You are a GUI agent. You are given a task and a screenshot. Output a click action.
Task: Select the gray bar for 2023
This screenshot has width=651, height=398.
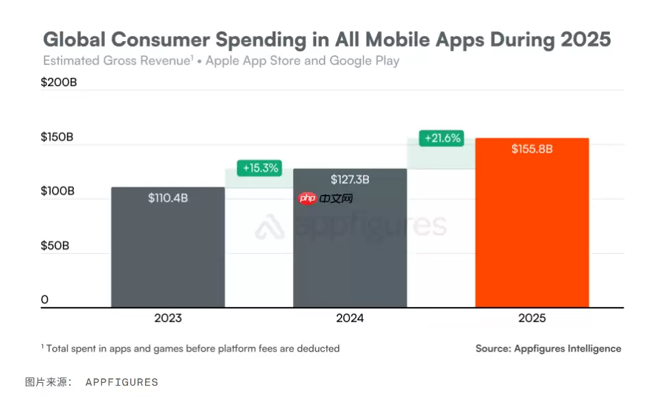click(x=168, y=253)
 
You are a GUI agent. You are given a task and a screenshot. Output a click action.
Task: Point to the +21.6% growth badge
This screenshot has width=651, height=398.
click(x=442, y=137)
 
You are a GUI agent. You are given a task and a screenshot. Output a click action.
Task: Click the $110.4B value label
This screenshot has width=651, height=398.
click(x=168, y=198)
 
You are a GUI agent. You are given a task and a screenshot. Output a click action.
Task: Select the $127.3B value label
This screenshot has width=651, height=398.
click(x=350, y=179)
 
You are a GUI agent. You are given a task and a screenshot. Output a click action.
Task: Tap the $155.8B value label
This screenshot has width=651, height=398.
click(x=532, y=148)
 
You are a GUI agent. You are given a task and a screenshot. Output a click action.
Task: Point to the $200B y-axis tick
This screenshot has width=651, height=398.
click(x=59, y=83)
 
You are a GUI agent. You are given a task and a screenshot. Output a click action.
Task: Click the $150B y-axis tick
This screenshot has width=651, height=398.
click(x=58, y=137)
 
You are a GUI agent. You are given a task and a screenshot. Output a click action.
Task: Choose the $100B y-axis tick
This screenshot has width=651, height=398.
click(x=58, y=191)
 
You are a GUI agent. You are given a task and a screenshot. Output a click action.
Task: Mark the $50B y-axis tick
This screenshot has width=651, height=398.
click(x=55, y=245)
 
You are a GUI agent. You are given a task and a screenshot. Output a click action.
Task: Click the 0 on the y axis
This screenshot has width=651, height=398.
click(x=44, y=300)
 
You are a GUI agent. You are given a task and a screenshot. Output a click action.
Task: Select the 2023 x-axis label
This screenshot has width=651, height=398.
click(x=168, y=318)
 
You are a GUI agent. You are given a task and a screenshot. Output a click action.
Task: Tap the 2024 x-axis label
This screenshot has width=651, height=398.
click(x=350, y=318)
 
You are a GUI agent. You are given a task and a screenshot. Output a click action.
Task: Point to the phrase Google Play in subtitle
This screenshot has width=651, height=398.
click(x=364, y=60)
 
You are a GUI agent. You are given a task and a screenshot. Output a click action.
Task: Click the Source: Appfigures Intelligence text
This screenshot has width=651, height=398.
click(x=548, y=348)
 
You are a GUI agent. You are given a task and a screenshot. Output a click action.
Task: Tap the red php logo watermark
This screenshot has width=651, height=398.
click(x=307, y=198)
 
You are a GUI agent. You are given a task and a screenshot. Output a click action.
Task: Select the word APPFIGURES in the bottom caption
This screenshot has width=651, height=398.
click(x=121, y=382)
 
